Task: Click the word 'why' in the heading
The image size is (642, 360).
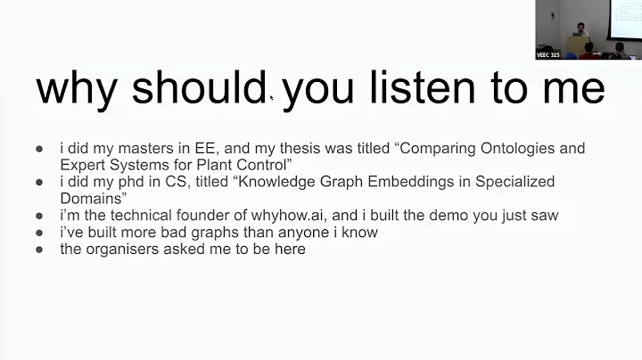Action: coord(77,90)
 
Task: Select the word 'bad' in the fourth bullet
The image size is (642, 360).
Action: coord(168,232)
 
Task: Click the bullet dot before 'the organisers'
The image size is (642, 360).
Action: coord(40,250)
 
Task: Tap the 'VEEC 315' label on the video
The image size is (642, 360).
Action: coord(548,54)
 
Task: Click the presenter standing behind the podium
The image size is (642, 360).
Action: coord(580,34)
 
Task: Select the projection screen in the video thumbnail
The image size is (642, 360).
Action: coord(625,18)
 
